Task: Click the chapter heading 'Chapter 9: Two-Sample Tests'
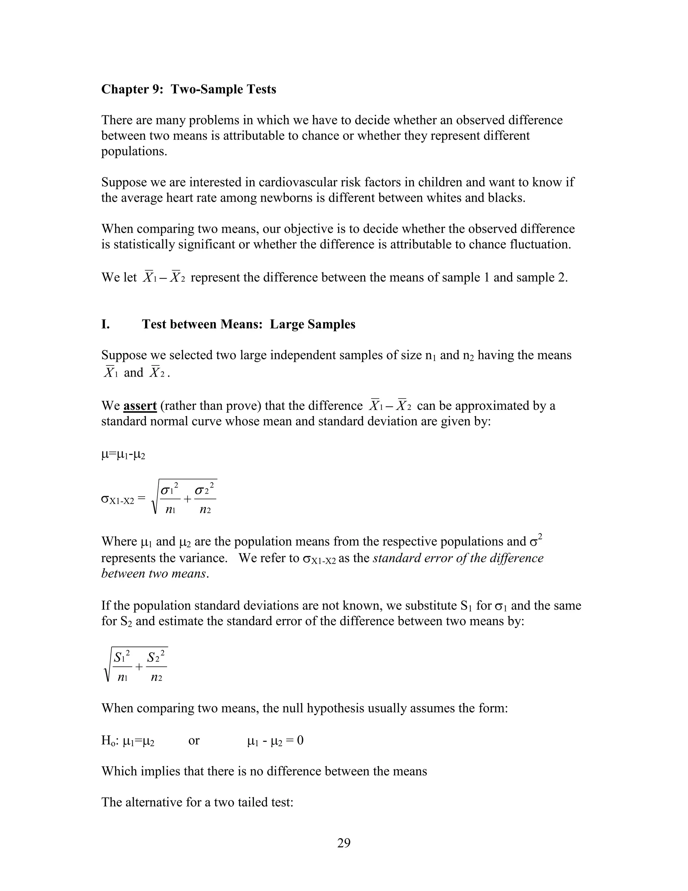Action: [x=188, y=89]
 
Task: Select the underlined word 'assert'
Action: [x=140, y=405]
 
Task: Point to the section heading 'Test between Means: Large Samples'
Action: [x=249, y=324]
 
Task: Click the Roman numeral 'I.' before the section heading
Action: [x=105, y=324]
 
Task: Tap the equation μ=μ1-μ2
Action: [x=123, y=454]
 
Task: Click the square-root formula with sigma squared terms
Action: [x=184, y=497]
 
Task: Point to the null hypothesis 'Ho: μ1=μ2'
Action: [x=128, y=740]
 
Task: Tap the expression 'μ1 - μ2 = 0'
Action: [x=275, y=740]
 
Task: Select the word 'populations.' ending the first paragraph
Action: [x=134, y=151]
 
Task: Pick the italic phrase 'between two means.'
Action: [x=155, y=573]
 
